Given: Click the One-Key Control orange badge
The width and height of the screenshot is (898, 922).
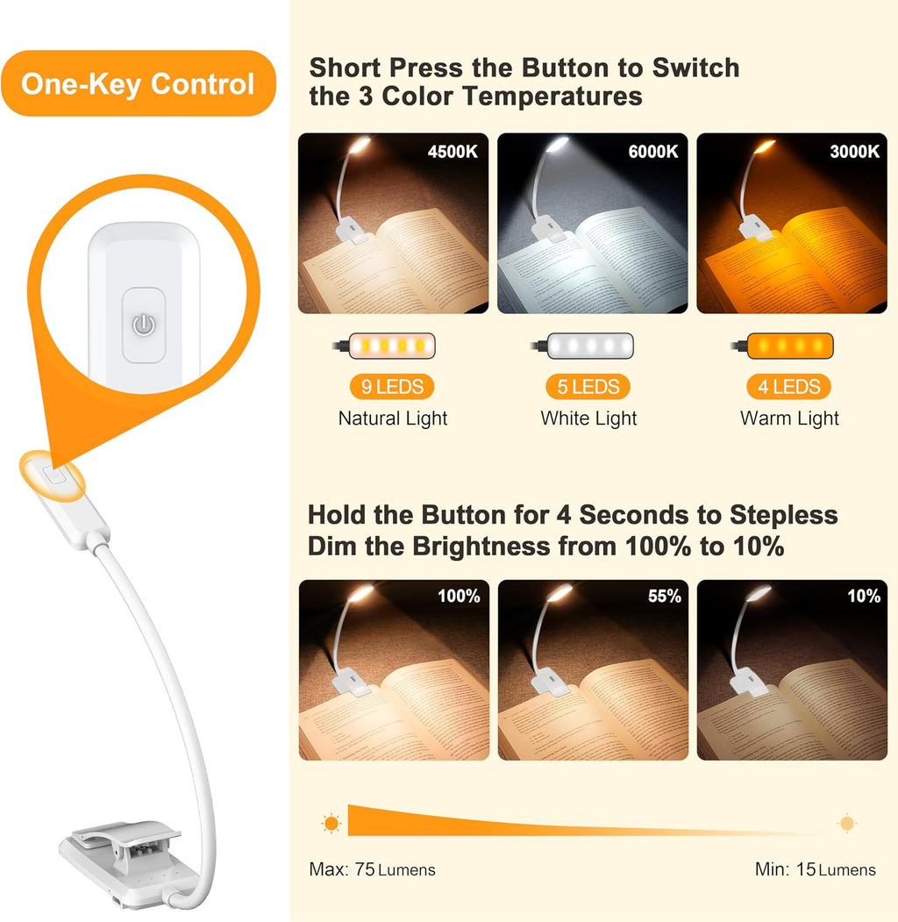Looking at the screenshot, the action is [x=139, y=83].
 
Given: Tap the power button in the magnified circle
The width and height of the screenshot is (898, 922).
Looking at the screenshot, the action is [x=144, y=325].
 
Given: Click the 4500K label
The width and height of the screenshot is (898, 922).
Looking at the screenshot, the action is [x=453, y=152].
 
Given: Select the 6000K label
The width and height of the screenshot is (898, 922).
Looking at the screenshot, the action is [x=653, y=152].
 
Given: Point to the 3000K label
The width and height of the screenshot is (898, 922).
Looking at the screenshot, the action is [x=854, y=152].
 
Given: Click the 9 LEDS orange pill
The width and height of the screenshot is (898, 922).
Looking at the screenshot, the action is [x=392, y=387].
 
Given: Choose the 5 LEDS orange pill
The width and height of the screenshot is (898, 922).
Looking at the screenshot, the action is [x=588, y=387].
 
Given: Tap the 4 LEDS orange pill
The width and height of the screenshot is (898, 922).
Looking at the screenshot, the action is [x=788, y=387].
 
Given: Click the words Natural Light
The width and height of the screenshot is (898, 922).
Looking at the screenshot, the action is [x=393, y=418].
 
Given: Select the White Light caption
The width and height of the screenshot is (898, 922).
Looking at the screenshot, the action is [x=588, y=418].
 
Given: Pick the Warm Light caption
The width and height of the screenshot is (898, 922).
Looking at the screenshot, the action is [x=789, y=418].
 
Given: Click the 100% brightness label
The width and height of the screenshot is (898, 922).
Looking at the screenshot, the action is [x=459, y=597].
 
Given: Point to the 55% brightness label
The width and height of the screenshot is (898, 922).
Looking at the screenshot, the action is [x=664, y=597].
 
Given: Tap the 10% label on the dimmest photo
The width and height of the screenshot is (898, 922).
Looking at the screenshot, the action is [x=863, y=597].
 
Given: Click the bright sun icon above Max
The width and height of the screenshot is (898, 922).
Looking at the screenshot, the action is [x=331, y=823].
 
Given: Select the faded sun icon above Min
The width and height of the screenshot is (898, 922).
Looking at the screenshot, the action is [x=847, y=823].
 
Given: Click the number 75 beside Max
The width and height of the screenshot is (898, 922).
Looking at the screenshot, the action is [x=364, y=869].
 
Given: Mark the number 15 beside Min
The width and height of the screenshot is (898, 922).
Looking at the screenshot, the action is [x=806, y=869].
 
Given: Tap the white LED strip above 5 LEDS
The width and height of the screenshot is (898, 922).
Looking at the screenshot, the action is [x=590, y=346].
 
